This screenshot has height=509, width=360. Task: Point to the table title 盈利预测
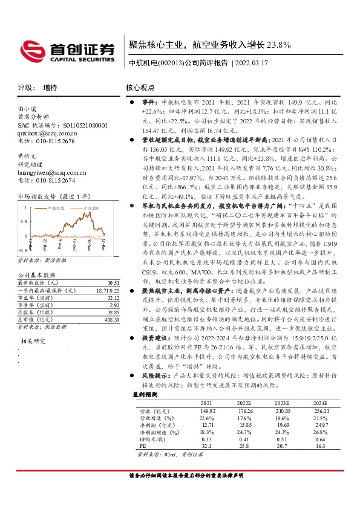[x=145, y=394]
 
